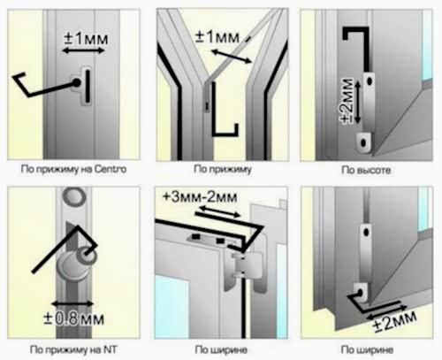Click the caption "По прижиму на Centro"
click(73, 170)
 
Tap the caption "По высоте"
click(366, 170)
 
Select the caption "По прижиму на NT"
click(73, 349)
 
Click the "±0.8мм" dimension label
click(73, 318)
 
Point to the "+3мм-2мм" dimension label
click(200, 197)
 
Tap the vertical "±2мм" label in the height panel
click(347, 101)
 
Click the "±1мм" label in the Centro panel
click(86, 39)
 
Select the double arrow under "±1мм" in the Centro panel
click(83, 50)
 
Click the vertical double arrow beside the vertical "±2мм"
click(357, 102)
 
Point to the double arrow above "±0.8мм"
click(72, 303)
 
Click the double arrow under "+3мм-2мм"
click(220, 211)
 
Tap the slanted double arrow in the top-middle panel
click(232, 57)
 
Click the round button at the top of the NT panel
click(75, 196)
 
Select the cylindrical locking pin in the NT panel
click(77, 263)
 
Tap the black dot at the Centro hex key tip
click(77, 83)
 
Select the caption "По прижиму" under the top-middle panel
click(223, 169)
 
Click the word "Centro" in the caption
click(110, 169)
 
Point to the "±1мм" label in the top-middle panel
click(217, 37)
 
